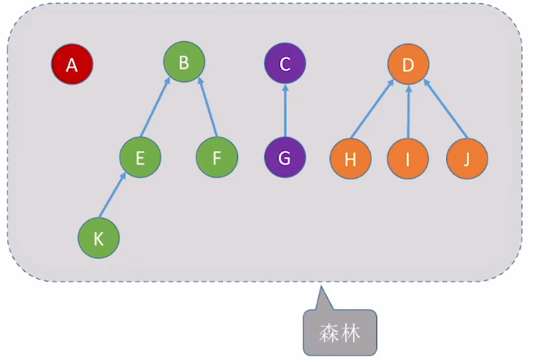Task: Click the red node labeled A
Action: (x=72, y=65)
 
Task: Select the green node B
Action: (x=184, y=62)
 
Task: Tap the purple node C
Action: (x=285, y=63)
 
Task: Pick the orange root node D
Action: (x=408, y=65)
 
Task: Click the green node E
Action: (x=140, y=158)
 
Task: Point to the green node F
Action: (x=217, y=157)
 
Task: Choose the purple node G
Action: (x=285, y=158)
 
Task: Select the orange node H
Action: (x=351, y=159)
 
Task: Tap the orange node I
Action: (x=407, y=159)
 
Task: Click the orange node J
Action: (x=467, y=159)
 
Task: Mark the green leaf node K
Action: (x=99, y=239)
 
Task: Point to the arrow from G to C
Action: (x=285, y=111)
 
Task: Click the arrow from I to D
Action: (x=408, y=112)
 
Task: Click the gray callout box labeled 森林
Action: (x=340, y=332)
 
